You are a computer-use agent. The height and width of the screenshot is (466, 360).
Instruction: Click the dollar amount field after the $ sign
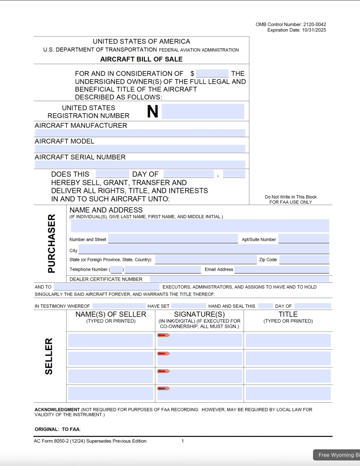(x=212, y=74)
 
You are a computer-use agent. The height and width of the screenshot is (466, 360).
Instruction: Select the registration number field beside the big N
(x=202, y=111)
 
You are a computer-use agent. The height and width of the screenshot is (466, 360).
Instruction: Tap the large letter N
(x=153, y=111)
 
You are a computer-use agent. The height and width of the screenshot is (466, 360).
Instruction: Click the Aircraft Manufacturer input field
(x=140, y=133)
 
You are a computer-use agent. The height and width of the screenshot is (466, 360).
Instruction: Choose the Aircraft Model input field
(x=140, y=148)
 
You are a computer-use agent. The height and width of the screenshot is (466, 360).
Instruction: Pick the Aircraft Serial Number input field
(x=140, y=164)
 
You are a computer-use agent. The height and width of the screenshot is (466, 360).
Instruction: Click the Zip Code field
(x=304, y=259)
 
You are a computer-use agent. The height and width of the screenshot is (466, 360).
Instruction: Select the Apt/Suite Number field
(x=304, y=239)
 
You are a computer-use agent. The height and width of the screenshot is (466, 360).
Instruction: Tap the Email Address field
(x=282, y=269)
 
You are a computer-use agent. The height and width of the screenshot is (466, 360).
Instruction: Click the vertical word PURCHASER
(x=52, y=244)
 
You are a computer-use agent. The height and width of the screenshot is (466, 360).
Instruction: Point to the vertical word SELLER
(x=49, y=356)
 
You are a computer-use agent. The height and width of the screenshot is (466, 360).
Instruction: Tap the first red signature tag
(x=163, y=335)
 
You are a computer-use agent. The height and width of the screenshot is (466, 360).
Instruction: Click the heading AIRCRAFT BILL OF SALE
(x=142, y=59)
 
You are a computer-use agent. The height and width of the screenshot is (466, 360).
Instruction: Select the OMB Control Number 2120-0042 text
(x=291, y=24)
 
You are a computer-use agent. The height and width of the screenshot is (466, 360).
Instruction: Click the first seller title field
(x=288, y=340)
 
